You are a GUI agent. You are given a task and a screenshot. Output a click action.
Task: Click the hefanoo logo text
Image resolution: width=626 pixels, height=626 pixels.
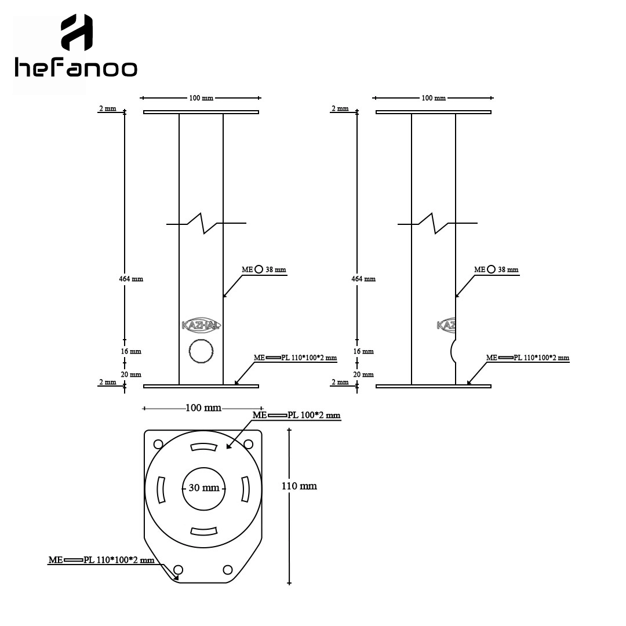point(76,68)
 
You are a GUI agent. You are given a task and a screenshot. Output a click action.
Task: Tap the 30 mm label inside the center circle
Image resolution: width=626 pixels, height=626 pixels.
point(204,488)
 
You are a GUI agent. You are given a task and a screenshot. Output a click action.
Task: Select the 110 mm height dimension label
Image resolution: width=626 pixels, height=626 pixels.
point(299,486)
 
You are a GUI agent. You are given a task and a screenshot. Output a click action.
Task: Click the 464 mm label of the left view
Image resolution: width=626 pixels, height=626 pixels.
point(131,279)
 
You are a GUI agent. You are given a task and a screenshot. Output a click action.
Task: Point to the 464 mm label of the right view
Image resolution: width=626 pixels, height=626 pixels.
point(363,279)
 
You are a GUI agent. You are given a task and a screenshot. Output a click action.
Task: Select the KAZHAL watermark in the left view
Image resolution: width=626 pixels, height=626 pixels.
point(201,325)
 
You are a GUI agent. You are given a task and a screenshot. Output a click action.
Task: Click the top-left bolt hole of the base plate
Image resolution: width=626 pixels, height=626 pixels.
point(158,444)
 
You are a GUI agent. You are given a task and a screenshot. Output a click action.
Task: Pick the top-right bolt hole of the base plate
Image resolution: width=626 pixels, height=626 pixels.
point(248,444)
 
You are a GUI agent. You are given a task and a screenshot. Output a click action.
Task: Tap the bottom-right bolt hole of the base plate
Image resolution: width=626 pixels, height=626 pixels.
point(228,570)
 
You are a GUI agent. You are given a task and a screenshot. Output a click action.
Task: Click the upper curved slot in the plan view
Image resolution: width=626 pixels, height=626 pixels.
point(203,447)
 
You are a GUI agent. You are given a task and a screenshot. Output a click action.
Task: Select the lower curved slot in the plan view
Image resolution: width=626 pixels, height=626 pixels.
point(203,532)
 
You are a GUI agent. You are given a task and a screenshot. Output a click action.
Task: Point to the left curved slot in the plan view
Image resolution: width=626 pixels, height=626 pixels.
point(161,489)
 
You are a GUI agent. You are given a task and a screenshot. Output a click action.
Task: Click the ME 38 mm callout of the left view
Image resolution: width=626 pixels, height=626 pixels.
point(264,270)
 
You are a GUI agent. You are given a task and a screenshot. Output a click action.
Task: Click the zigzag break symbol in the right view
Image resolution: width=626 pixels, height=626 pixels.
point(438,223)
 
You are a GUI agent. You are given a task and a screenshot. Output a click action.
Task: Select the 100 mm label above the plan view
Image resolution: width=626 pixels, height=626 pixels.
point(203,407)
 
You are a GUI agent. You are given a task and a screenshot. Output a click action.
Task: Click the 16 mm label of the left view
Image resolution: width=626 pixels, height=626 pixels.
point(131,351)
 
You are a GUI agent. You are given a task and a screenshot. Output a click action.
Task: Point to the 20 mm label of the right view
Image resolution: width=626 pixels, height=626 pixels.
point(363,374)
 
